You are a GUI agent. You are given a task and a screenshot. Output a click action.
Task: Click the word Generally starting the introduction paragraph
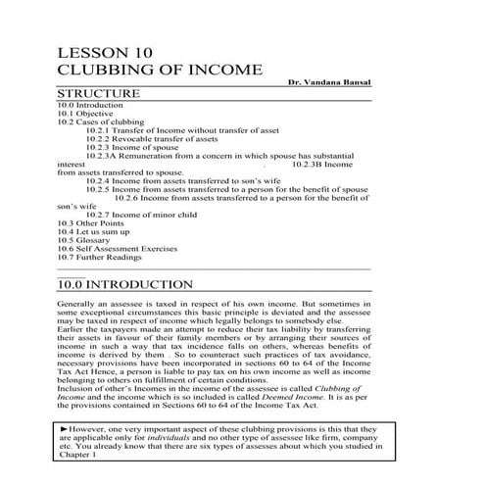point(78,305)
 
